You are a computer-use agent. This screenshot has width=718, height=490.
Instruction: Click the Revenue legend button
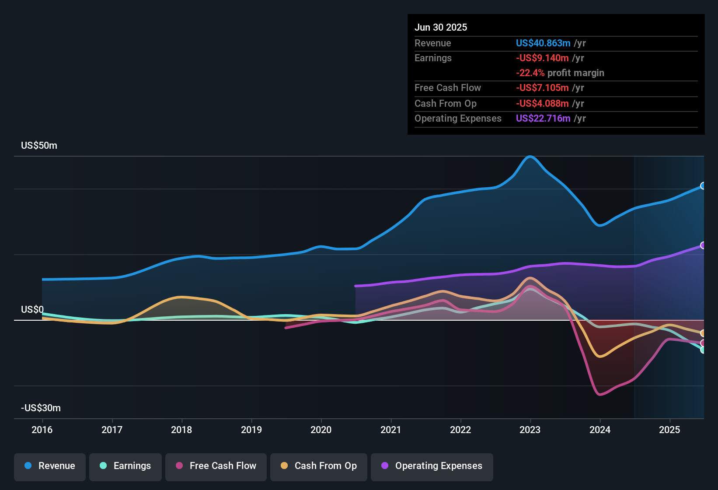point(50,466)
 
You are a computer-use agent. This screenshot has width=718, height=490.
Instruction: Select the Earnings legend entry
point(125,466)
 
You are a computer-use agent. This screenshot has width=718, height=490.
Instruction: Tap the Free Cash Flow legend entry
point(216,466)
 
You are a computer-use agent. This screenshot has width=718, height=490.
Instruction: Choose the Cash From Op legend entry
point(319,466)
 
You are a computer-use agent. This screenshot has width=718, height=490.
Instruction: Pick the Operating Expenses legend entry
point(432,466)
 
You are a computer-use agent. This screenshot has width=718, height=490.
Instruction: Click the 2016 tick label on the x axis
point(42,430)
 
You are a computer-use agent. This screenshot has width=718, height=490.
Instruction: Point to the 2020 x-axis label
point(321,430)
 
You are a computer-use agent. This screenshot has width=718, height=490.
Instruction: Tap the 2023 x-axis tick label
point(530,430)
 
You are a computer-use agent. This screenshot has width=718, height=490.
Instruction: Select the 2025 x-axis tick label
point(669,430)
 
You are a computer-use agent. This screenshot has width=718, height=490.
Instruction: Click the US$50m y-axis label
point(39,146)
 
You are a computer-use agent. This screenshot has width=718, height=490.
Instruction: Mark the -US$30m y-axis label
point(41,408)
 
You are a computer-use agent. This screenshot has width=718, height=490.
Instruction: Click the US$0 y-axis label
point(32,310)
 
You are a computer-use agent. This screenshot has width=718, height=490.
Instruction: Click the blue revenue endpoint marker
point(703,186)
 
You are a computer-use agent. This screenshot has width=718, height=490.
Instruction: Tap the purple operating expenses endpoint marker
point(703,245)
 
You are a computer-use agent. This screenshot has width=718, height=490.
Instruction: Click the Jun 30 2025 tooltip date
point(441,28)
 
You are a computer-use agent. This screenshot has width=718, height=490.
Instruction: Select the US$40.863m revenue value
point(543,43)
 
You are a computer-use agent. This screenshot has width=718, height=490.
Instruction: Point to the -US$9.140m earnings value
point(542,58)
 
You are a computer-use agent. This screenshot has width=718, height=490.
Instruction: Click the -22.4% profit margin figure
point(530,73)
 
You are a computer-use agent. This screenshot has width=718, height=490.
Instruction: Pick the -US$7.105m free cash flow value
point(542,88)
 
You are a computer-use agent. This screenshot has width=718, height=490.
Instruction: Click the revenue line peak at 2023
point(530,157)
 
